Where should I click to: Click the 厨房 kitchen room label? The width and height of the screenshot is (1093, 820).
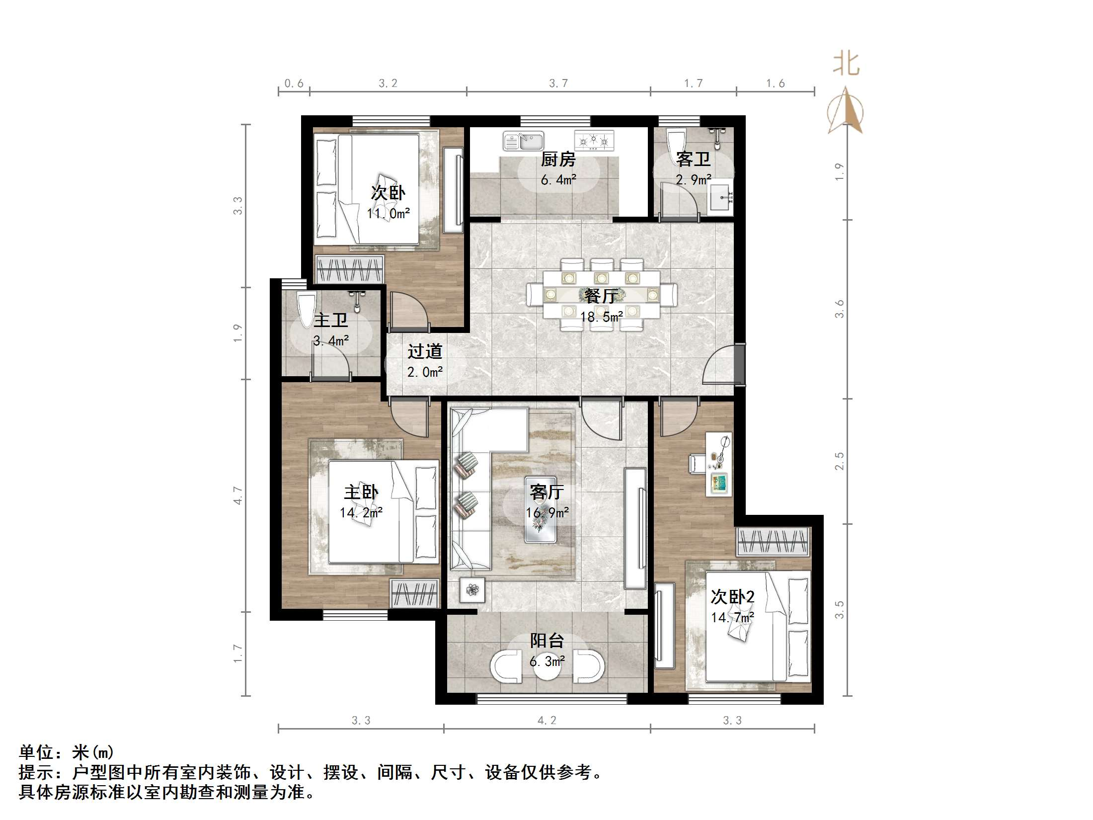558,160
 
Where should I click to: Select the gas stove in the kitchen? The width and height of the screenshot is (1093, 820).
594,141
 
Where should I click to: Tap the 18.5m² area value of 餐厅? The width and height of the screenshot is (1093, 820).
601,317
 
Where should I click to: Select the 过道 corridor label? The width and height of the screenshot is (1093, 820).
425,351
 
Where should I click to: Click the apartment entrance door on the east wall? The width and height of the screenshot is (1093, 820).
740,364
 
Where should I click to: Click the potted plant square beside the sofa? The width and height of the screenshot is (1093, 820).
472,590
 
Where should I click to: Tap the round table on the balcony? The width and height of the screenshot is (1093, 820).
547,666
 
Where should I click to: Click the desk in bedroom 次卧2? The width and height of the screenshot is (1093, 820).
719,465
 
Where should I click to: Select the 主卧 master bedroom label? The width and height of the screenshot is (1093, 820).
361,492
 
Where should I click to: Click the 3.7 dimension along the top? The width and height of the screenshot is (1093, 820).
558,83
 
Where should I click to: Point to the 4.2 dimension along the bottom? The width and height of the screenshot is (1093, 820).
546,721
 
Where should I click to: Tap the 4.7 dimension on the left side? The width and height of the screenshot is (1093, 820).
238,495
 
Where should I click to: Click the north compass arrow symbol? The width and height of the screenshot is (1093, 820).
845,111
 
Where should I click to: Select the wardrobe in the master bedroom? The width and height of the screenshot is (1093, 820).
415,593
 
